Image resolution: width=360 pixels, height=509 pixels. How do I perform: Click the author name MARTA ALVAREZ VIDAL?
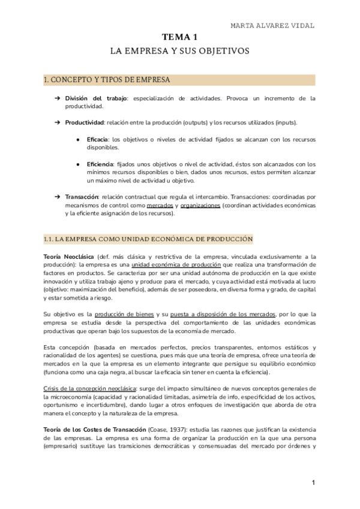coord(272,25)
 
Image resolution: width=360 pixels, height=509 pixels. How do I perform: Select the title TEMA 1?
coord(179,38)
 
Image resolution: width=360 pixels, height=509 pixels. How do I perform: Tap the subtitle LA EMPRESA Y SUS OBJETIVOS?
coord(179,52)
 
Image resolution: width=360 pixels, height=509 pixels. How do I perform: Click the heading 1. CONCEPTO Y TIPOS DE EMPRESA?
coord(107,79)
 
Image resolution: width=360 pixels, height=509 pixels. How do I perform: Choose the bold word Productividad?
coord(84,122)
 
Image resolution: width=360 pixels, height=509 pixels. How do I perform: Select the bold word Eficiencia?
coord(100,164)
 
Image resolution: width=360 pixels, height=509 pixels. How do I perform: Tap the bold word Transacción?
coord(82,197)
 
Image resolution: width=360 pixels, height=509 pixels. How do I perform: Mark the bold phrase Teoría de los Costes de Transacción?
coord(95,429)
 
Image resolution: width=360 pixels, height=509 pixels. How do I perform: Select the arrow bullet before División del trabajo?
coord(56,98)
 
